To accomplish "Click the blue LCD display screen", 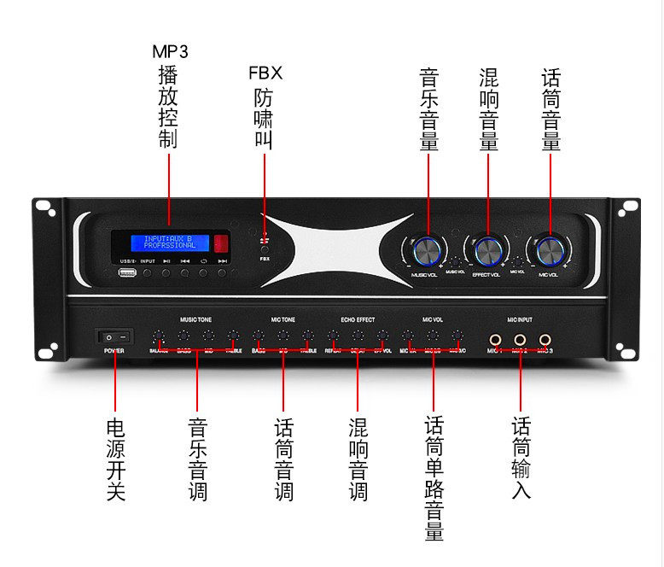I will [x=169, y=242].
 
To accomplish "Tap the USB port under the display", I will [x=127, y=273].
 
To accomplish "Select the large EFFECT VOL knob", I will [x=487, y=250].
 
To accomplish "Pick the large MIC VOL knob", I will [x=549, y=250].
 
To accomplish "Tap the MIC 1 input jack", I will [x=493, y=339].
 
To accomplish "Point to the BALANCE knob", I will [x=159, y=336].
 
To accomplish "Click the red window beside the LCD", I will [x=222, y=242].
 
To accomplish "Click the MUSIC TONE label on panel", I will [x=194, y=319].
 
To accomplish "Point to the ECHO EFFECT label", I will [x=358, y=319].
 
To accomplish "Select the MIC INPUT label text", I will [x=519, y=319].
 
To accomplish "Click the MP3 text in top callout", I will [x=169, y=51].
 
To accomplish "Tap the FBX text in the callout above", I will [x=265, y=73].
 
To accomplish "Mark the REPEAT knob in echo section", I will [x=333, y=336].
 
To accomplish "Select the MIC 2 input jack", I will [x=519, y=339].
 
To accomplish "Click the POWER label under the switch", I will [x=114, y=351].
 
